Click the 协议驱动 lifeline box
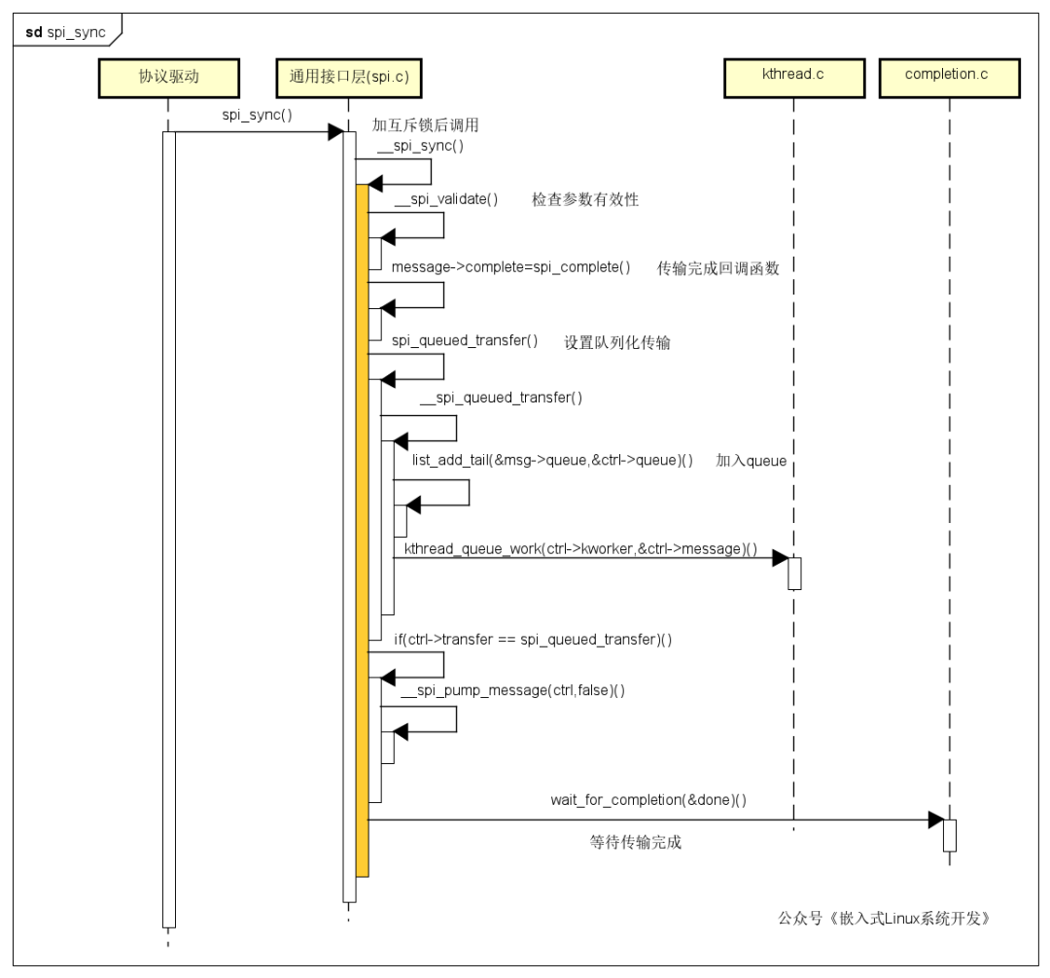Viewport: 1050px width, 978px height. (169, 78)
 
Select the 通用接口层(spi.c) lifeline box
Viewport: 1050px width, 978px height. (349, 78)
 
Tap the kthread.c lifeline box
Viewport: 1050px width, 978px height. (794, 78)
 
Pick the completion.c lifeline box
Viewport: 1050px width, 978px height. (949, 78)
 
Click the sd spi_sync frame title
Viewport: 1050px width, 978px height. (66, 32)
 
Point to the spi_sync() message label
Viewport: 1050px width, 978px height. (257, 115)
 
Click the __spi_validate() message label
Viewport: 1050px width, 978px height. (446, 199)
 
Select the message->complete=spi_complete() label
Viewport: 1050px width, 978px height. (511, 267)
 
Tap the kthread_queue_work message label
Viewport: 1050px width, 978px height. (580, 549)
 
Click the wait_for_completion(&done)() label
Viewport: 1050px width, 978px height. (648, 800)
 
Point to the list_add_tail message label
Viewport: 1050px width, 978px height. (552, 460)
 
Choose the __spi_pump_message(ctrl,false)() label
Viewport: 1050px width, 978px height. (513, 690)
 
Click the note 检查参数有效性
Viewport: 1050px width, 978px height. (585, 199)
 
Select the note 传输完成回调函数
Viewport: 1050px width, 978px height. (717, 268)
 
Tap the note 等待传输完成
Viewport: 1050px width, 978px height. (636, 842)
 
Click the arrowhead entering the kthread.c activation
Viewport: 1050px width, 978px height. (780, 558)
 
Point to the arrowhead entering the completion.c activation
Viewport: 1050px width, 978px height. (935, 820)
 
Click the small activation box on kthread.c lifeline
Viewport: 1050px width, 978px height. (794, 574)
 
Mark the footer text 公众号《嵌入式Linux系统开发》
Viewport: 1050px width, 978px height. (884, 918)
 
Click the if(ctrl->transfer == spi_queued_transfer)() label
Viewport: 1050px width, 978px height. (533, 640)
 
